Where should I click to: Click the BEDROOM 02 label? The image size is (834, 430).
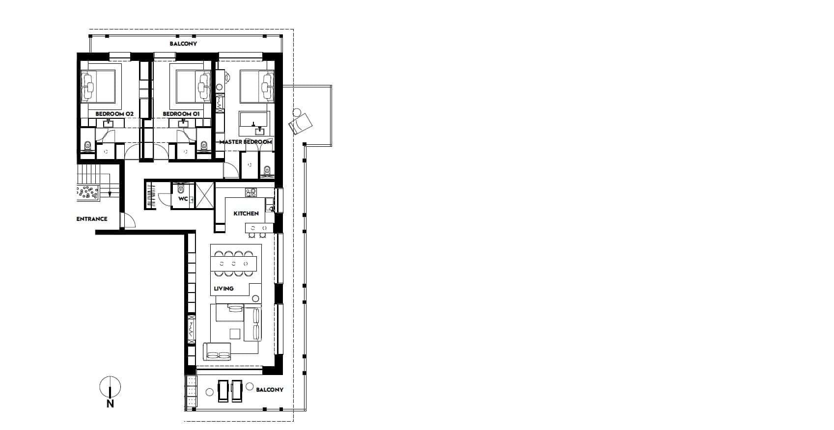click(x=114, y=114)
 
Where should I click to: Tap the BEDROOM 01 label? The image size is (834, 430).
click(x=181, y=114)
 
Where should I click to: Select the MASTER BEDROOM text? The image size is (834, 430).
click(x=246, y=142)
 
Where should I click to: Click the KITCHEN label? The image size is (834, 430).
click(x=246, y=214)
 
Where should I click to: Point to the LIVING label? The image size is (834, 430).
click(x=223, y=289)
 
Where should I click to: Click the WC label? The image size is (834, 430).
click(x=183, y=199)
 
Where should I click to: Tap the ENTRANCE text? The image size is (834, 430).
click(x=91, y=219)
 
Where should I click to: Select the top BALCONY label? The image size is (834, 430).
click(x=183, y=44)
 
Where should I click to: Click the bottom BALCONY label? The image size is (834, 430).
click(x=270, y=390)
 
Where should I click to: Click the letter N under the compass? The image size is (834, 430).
click(x=110, y=404)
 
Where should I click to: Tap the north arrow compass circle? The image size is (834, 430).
click(x=110, y=387)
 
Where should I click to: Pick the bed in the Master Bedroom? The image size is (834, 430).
click(x=256, y=86)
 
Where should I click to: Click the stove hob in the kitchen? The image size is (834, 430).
click(x=251, y=193)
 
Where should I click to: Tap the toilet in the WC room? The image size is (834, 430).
click(x=180, y=188)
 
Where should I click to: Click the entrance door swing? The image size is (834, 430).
click(x=128, y=221)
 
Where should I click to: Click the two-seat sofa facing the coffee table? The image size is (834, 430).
click(x=218, y=351)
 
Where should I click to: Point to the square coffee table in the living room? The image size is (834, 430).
click(x=236, y=334)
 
